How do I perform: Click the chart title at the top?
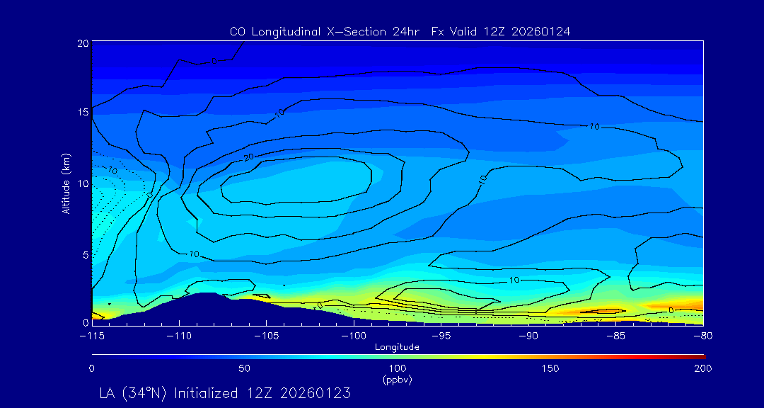click(x=400, y=31)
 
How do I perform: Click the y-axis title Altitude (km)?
click(x=66, y=183)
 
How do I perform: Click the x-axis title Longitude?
click(x=397, y=347)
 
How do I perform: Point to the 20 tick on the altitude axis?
click(x=83, y=43)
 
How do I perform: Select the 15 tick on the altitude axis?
click(x=83, y=113)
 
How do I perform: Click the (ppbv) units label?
click(x=397, y=380)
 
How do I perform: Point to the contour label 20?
click(x=248, y=157)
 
